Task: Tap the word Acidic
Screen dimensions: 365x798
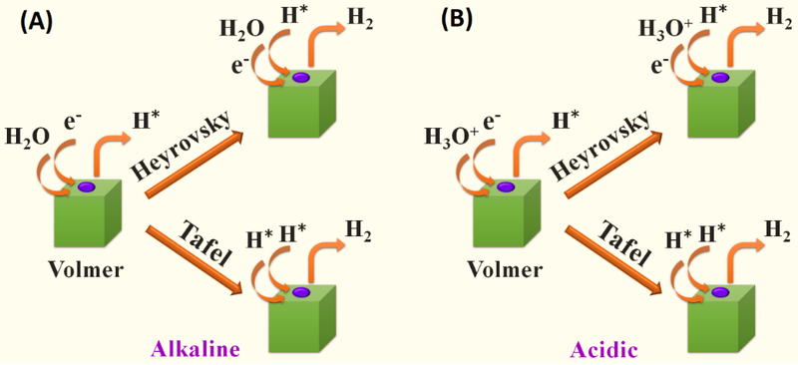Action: click(603, 349)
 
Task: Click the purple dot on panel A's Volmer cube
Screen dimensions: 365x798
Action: click(86, 186)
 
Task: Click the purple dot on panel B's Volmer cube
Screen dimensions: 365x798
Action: click(505, 186)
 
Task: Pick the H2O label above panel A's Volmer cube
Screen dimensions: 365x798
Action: click(26, 135)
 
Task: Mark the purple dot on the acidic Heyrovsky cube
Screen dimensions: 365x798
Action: click(718, 77)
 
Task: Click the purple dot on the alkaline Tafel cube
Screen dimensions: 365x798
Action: click(301, 292)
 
